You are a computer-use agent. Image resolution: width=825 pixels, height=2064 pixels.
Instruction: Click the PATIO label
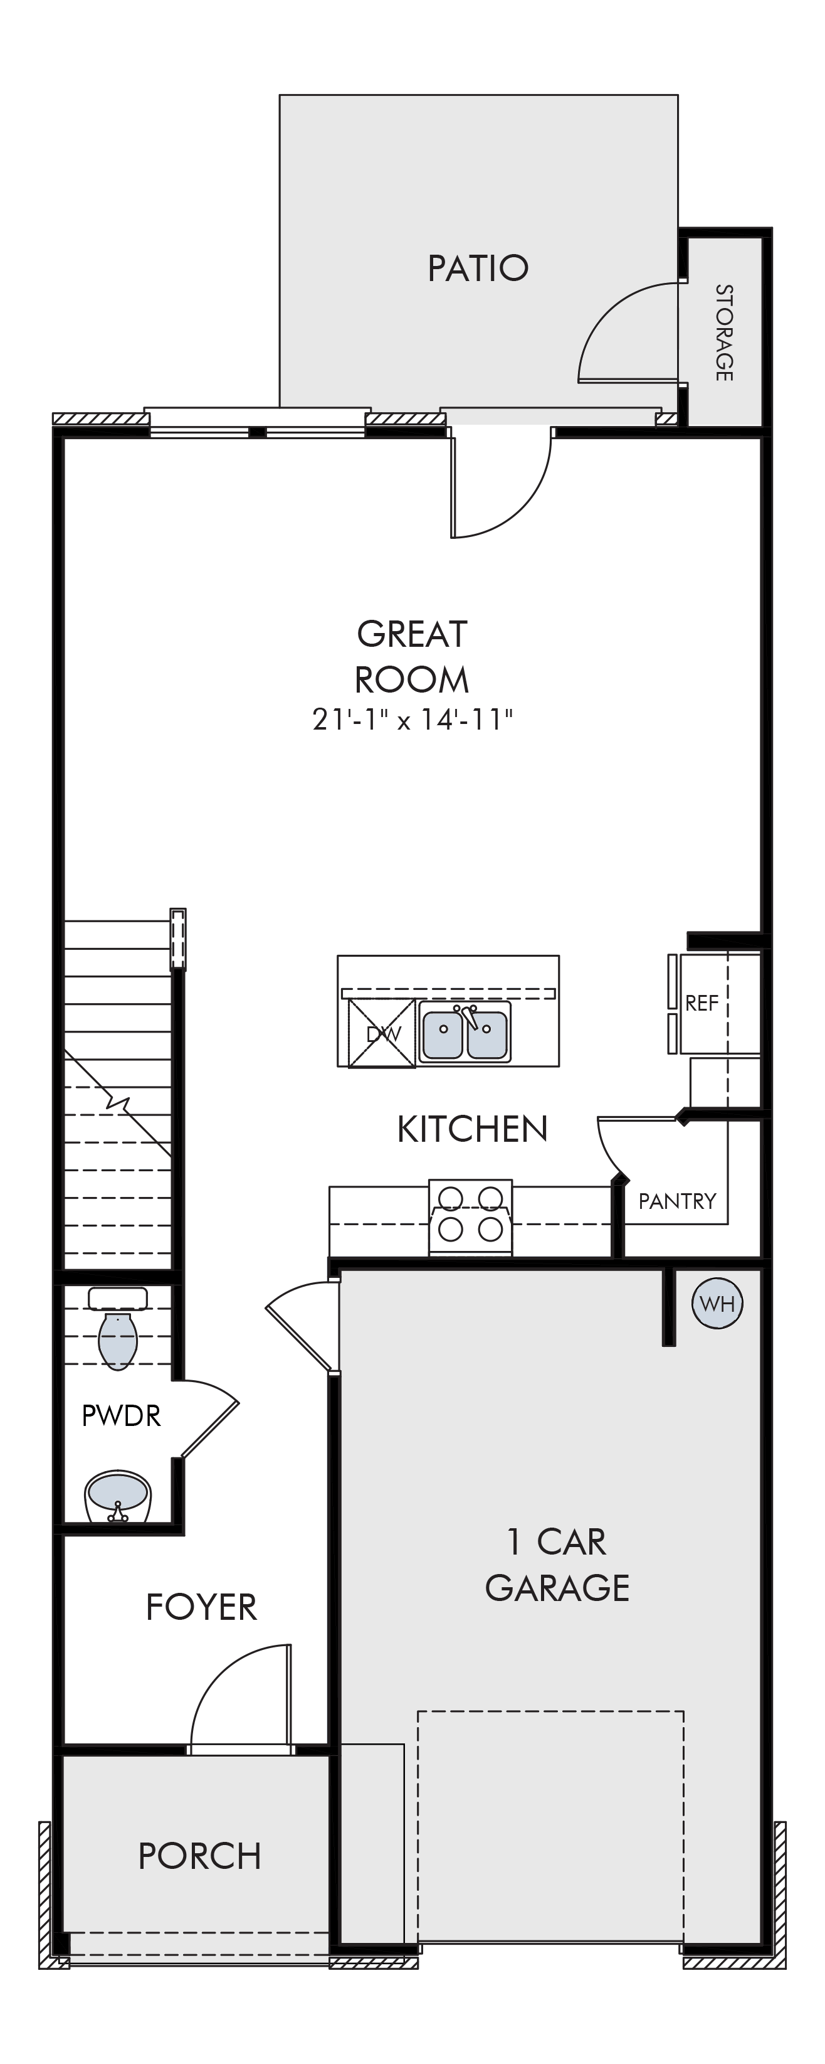pos(478,269)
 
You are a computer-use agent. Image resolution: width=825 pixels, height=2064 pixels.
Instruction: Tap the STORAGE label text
pos(724,332)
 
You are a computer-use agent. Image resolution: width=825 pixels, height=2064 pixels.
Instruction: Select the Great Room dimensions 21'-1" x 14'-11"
pos(412,720)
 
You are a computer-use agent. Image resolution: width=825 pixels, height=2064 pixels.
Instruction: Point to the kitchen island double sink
pos(465,1032)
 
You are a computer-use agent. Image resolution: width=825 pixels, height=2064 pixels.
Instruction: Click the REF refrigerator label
pos(702,1003)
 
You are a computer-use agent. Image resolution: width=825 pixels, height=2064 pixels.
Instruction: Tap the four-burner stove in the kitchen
pos(471,1217)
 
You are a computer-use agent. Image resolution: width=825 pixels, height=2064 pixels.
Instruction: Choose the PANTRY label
pos(677,1201)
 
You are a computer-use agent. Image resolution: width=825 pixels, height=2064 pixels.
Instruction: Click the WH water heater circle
pos(717,1304)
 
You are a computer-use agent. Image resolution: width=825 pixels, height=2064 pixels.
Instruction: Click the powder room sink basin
pos(118,1496)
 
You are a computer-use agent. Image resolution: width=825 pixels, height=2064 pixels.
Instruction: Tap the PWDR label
pos(121,1416)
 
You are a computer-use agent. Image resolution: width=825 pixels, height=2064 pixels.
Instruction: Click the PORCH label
pos(199,1855)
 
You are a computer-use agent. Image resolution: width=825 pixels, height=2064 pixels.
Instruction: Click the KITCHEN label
pos(473,1129)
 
